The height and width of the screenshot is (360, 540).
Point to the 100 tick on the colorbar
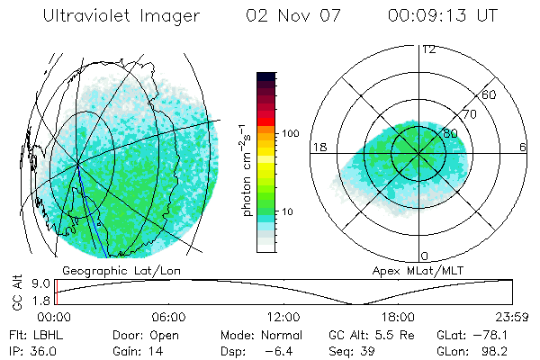point(292,133)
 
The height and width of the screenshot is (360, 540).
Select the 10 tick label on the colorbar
point(289,211)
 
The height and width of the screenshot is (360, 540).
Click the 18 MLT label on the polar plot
point(319,147)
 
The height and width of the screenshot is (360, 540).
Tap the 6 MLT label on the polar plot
point(524,147)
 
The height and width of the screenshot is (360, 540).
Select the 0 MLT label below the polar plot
point(425,256)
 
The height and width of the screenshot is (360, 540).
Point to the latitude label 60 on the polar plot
point(490,94)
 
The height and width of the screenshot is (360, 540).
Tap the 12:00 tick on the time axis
point(283,317)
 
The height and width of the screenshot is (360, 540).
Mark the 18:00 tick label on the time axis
point(398,317)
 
